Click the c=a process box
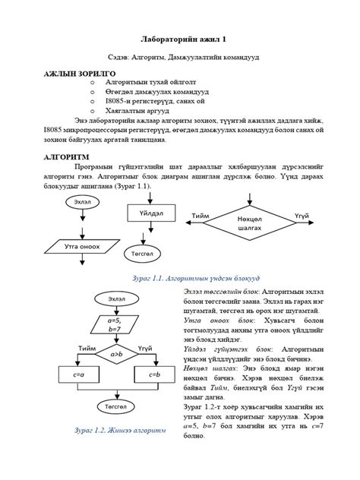click(78, 375)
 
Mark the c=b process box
click(155, 375)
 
